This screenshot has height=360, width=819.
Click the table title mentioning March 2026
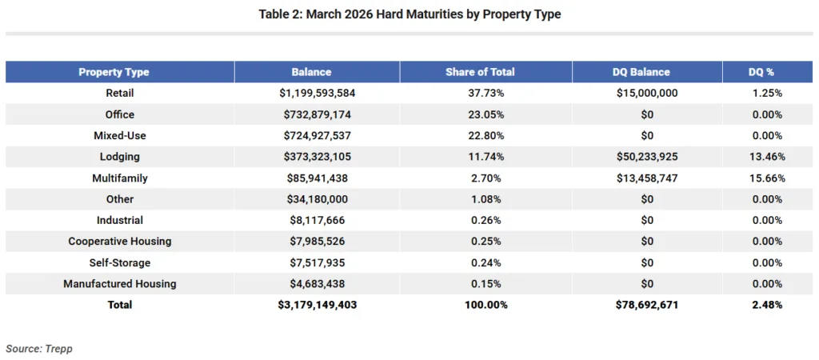click(x=409, y=15)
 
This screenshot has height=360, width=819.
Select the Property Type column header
click(x=114, y=72)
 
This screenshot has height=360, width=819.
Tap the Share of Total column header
click(x=480, y=72)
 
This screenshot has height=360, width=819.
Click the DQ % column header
click(x=760, y=72)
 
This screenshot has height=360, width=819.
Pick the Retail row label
click(x=120, y=93)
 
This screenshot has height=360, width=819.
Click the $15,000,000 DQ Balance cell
click(x=647, y=93)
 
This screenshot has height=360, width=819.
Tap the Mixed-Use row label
click(x=120, y=135)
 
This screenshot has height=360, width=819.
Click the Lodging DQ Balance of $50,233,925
click(x=647, y=157)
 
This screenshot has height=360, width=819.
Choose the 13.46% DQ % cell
click(x=765, y=157)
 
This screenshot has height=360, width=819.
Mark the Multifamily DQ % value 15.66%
click(x=765, y=178)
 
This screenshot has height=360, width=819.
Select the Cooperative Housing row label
click(x=120, y=241)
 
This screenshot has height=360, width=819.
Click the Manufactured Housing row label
click(x=120, y=283)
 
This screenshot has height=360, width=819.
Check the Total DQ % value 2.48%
click(x=765, y=305)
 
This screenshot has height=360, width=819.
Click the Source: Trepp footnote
click(x=40, y=349)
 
